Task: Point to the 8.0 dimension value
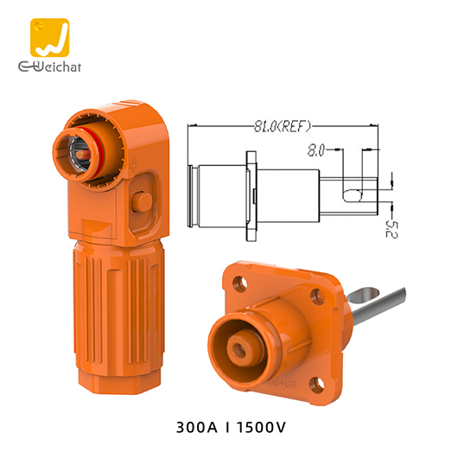(x=317, y=150)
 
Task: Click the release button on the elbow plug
(x=144, y=202)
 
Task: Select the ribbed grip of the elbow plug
(x=112, y=311)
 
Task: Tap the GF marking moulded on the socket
(x=282, y=380)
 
